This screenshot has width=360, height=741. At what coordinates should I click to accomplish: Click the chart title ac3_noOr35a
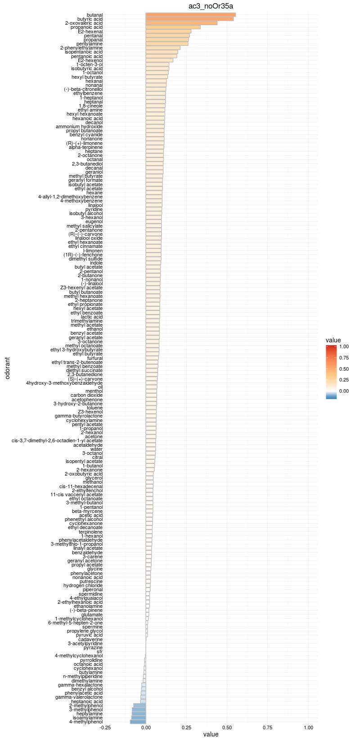coord(211,6)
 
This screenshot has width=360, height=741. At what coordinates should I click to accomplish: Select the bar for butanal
coord(190,15)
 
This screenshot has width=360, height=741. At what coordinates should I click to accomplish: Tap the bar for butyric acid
coord(189,19)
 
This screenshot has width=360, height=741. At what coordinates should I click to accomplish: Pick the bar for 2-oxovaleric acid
coord(181,23)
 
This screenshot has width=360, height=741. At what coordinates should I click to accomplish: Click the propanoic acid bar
coord(173,27)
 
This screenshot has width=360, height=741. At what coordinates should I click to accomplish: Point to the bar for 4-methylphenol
coord(138,722)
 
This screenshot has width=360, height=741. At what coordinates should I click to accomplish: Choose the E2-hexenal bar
coord(168,31)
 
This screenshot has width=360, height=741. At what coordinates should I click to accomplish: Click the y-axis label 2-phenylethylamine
coord(81,48)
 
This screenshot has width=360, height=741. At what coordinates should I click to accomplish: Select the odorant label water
coord(96,449)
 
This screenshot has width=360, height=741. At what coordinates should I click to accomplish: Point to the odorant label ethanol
coord(94,329)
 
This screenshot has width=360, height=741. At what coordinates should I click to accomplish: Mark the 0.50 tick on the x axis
coord(227,727)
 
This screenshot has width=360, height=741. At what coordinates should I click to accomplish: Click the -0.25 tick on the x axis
coord(105,727)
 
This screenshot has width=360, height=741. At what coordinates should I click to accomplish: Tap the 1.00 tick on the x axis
coord(309,727)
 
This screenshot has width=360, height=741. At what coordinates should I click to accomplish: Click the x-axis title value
coord(211,735)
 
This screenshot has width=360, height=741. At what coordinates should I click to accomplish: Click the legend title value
coord(333,340)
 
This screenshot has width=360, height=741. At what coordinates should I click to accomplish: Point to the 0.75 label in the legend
coord(344,358)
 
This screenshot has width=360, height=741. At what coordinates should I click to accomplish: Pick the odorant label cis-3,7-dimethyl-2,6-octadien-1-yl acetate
coord(57,441)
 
